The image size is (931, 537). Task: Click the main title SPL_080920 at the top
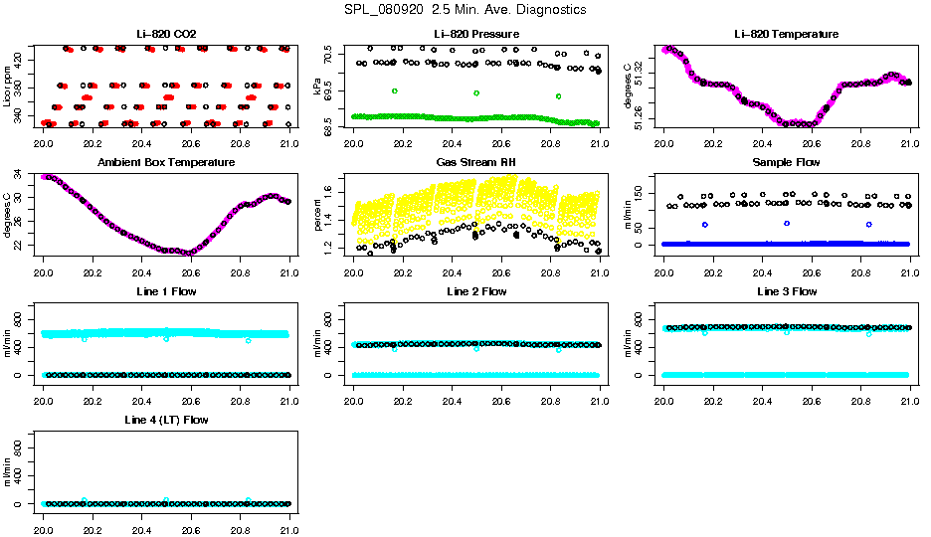point(465,10)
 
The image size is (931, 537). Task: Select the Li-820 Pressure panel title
point(476,35)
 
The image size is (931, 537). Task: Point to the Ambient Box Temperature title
point(166,163)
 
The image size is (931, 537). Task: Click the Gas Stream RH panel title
point(476,163)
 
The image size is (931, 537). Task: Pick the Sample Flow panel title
point(786,163)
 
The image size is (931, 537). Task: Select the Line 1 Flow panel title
point(166,291)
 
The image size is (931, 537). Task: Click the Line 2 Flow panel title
point(476,291)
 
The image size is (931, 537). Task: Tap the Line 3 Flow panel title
point(786,291)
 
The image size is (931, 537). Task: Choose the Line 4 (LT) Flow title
point(166,421)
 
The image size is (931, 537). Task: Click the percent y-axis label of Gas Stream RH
point(318,215)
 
